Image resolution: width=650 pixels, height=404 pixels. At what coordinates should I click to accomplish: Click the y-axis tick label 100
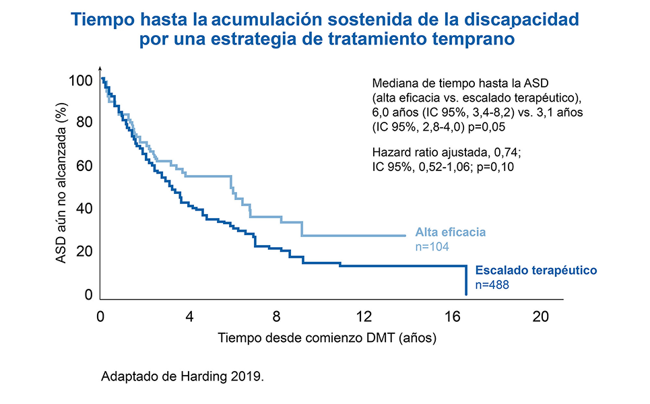pos(81,81)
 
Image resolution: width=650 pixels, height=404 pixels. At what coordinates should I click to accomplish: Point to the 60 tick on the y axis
pos(84,166)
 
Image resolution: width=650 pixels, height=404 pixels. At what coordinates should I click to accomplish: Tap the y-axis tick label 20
pos(84,252)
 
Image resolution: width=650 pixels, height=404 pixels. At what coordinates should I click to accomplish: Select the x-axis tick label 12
pos(364,317)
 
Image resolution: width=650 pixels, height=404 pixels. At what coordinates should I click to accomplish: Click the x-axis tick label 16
pos(453,317)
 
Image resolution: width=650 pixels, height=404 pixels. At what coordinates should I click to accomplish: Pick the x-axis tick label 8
pos(277,317)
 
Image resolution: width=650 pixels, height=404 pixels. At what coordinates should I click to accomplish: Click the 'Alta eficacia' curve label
pos(451,233)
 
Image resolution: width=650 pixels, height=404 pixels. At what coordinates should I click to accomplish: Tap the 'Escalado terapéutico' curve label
pos(536,271)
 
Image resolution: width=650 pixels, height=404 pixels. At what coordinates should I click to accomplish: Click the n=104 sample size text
pos(432,247)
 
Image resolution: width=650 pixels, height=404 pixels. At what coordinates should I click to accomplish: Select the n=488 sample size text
pos(492,285)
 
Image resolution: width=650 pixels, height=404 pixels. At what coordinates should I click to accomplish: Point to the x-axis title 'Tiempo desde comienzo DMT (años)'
pos(327,339)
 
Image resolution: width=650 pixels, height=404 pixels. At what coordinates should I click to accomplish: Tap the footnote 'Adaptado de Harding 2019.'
pos(182,376)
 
